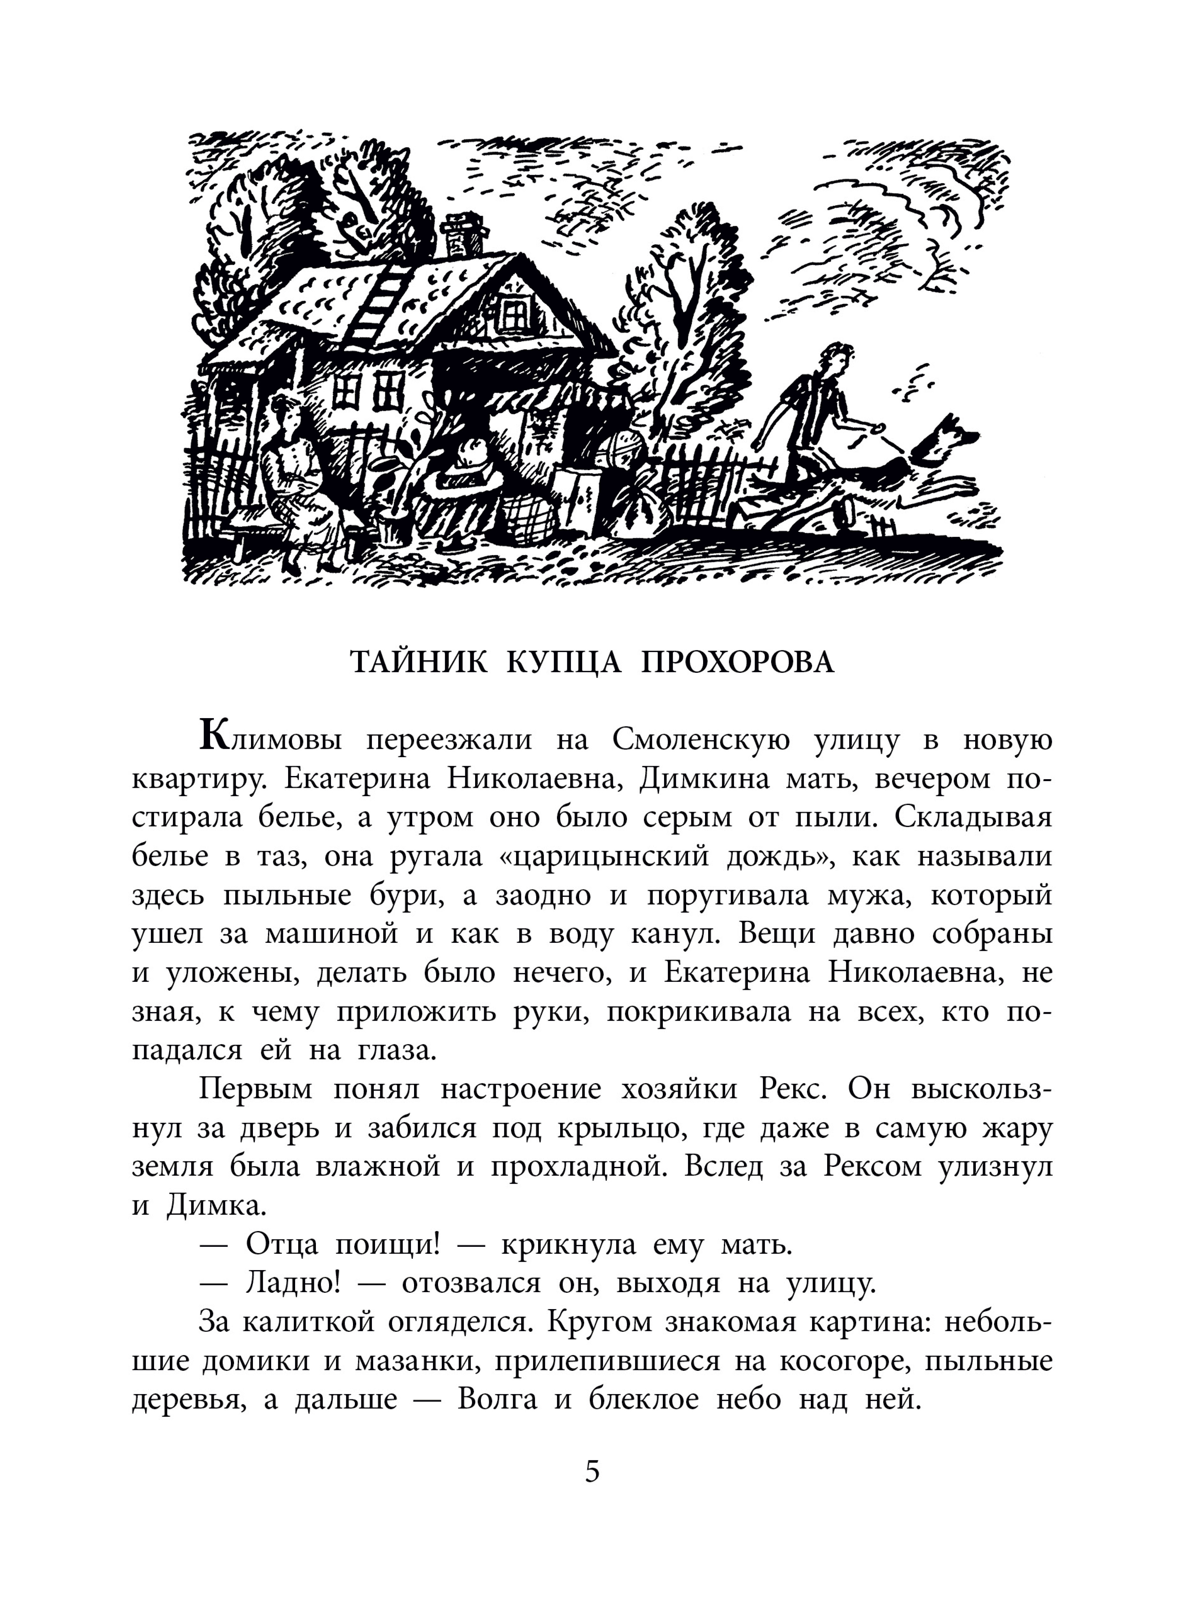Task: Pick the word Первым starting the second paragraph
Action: tap(256, 1090)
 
